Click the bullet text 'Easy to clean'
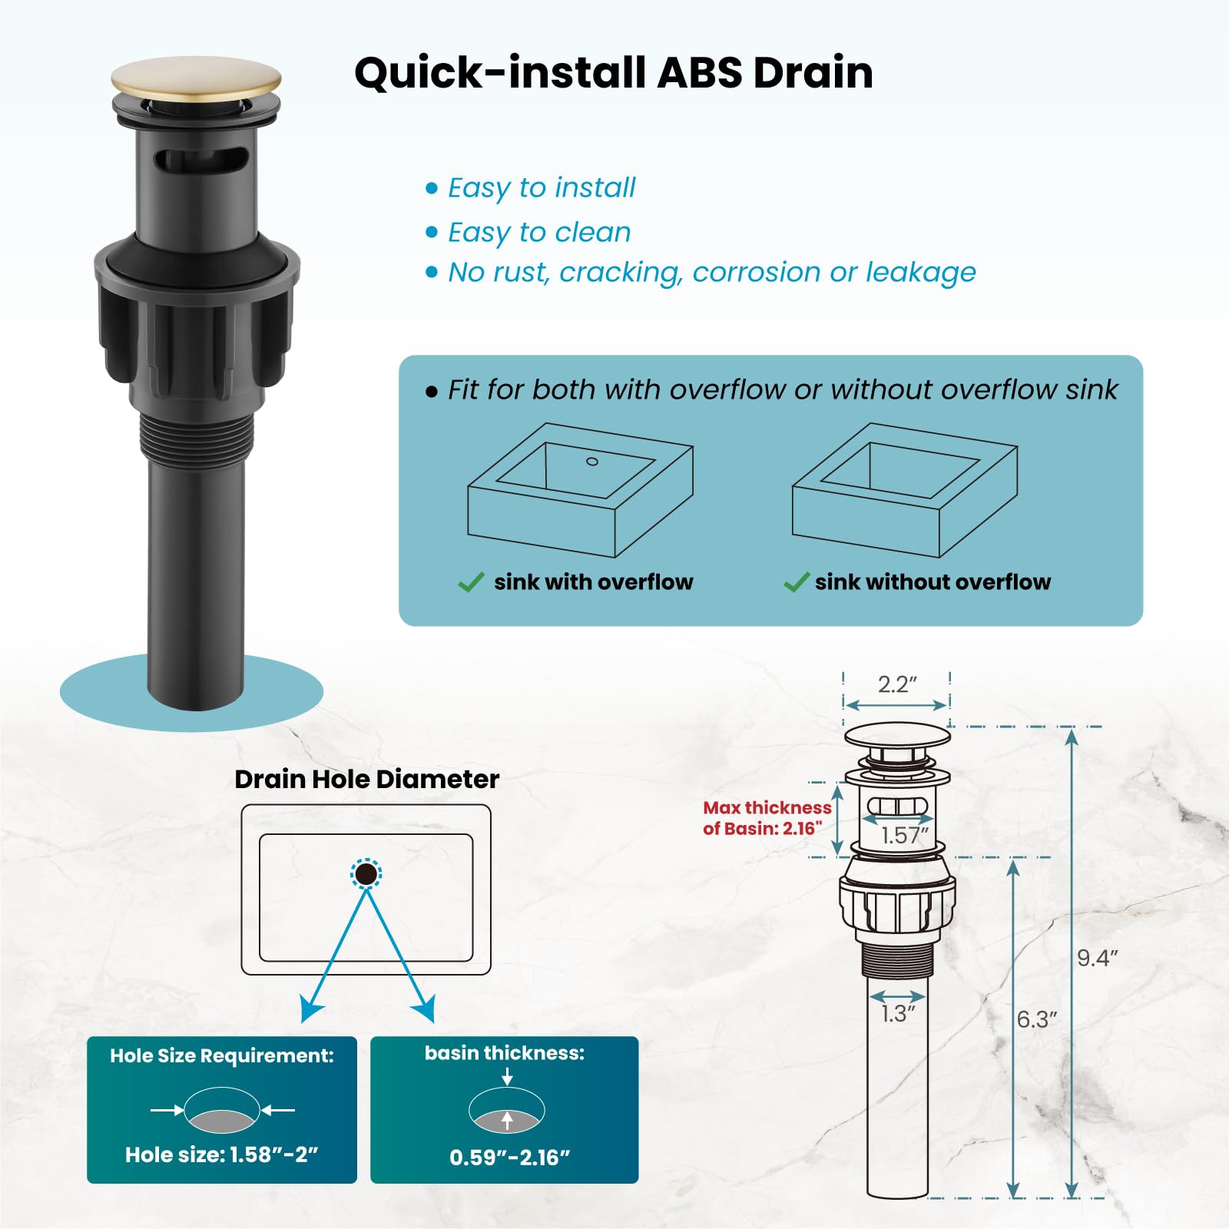pos(539,232)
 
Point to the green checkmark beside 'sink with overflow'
pos(471,582)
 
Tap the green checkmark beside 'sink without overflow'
pos(797,582)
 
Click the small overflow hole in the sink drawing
pos(592,462)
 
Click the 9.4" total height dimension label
pos(1098,958)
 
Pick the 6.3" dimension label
pos(1037,1019)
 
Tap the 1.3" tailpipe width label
pos(899,1014)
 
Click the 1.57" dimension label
pos(906,835)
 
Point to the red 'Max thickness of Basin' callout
pos(767,817)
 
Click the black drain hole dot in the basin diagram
pos(366,874)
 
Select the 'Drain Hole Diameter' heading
pos(367,779)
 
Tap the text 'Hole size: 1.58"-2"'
pos(222,1154)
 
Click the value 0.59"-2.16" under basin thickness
pos(510,1157)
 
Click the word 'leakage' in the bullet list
pos(921,272)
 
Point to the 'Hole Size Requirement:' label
pos(222,1055)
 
